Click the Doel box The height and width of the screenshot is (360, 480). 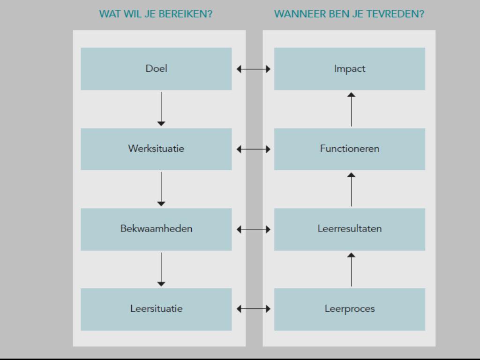coord(156,69)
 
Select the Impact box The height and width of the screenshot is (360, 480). coord(350,69)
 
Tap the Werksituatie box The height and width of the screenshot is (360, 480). coord(156,149)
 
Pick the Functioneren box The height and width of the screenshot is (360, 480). coord(350,149)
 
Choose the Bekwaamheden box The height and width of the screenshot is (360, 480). coord(156,229)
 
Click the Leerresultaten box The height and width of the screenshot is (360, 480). coord(350,229)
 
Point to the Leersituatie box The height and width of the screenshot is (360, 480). coord(156,309)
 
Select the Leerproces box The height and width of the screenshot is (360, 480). coord(350,309)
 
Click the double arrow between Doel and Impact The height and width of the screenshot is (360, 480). coord(254,69)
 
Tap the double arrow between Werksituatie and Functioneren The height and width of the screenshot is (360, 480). coord(254,150)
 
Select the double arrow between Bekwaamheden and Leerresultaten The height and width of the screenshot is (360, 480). coord(254,230)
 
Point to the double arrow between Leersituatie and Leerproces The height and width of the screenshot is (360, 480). coord(254,309)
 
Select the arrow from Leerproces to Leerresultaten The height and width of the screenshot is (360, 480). coord(352,269)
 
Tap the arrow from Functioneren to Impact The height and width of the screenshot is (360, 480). coord(352,109)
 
